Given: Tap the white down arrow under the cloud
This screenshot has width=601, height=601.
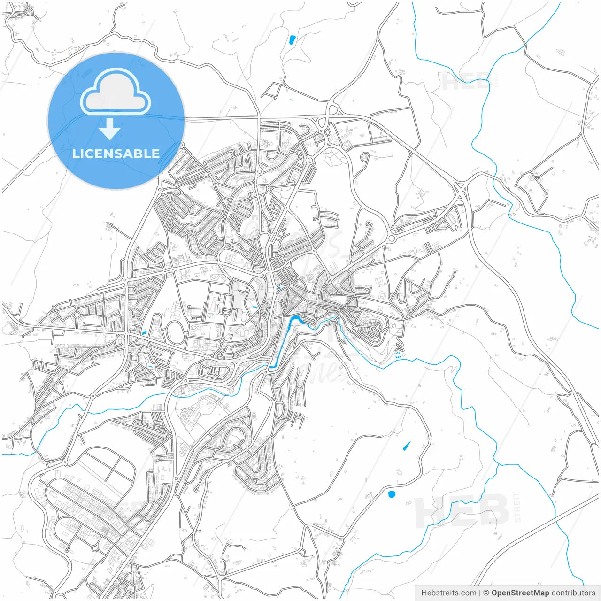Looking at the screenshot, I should click(x=110, y=129).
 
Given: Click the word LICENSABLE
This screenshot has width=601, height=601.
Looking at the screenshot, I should click(x=116, y=154).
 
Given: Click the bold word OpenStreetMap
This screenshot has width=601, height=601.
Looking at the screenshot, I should click(x=520, y=593).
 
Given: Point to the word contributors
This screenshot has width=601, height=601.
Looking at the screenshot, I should click(x=573, y=593).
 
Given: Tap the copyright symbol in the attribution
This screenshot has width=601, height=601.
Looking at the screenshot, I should click(x=486, y=593).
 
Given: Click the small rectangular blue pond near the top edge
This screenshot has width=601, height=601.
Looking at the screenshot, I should click(x=292, y=40).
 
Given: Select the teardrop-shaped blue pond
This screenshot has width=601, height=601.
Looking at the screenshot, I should click(x=406, y=446).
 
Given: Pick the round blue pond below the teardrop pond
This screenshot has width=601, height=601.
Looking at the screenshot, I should click(x=392, y=494).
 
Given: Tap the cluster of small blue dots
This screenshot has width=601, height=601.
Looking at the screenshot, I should click(x=398, y=355).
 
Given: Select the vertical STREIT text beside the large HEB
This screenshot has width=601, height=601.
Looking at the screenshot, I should click(x=517, y=507).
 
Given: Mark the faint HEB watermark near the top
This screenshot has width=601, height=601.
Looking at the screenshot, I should click(x=465, y=82).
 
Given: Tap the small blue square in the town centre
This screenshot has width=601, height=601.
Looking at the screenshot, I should click(x=280, y=288).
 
